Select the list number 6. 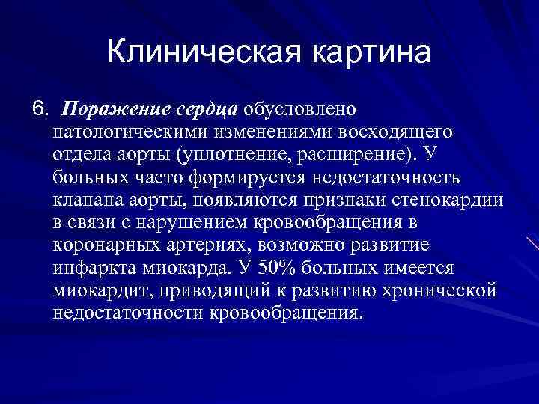39,110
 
